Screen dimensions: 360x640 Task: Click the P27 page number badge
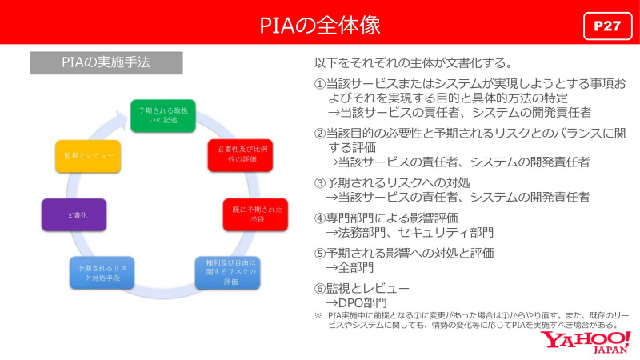tap(607, 26)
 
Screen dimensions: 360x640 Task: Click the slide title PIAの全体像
tap(319, 25)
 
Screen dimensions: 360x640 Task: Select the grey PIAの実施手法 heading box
tap(106, 62)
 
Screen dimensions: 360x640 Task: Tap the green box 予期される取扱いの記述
tap(163, 114)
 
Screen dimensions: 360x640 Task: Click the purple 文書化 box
tap(74, 215)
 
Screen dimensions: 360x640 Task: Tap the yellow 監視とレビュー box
tap(88, 155)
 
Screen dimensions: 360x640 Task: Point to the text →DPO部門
tap(356, 303)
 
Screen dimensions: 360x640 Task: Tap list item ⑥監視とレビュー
tap(362, 288)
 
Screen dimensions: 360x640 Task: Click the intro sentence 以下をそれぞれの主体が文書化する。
tap(412, 62)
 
